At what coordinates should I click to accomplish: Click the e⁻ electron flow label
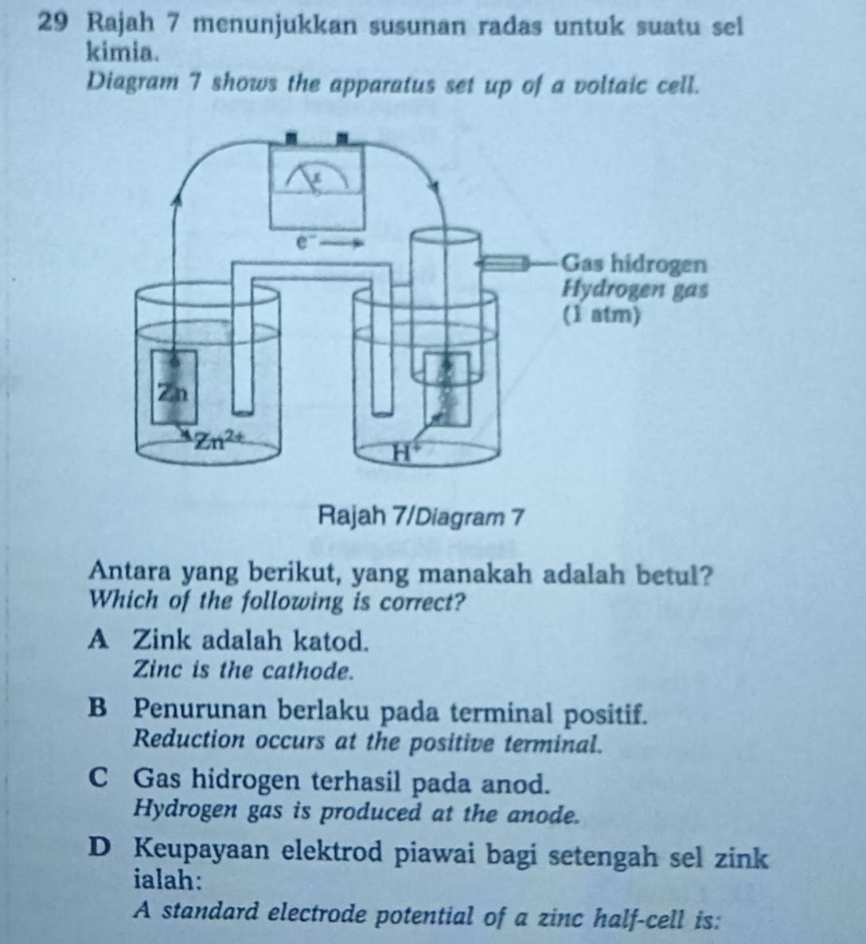click(x=301, y=241)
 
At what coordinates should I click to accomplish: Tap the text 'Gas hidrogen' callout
click(x=634, y=263)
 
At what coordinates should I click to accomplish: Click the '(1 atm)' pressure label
click(x=600, y=314)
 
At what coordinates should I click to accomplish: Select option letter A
click(x=101, y=639)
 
